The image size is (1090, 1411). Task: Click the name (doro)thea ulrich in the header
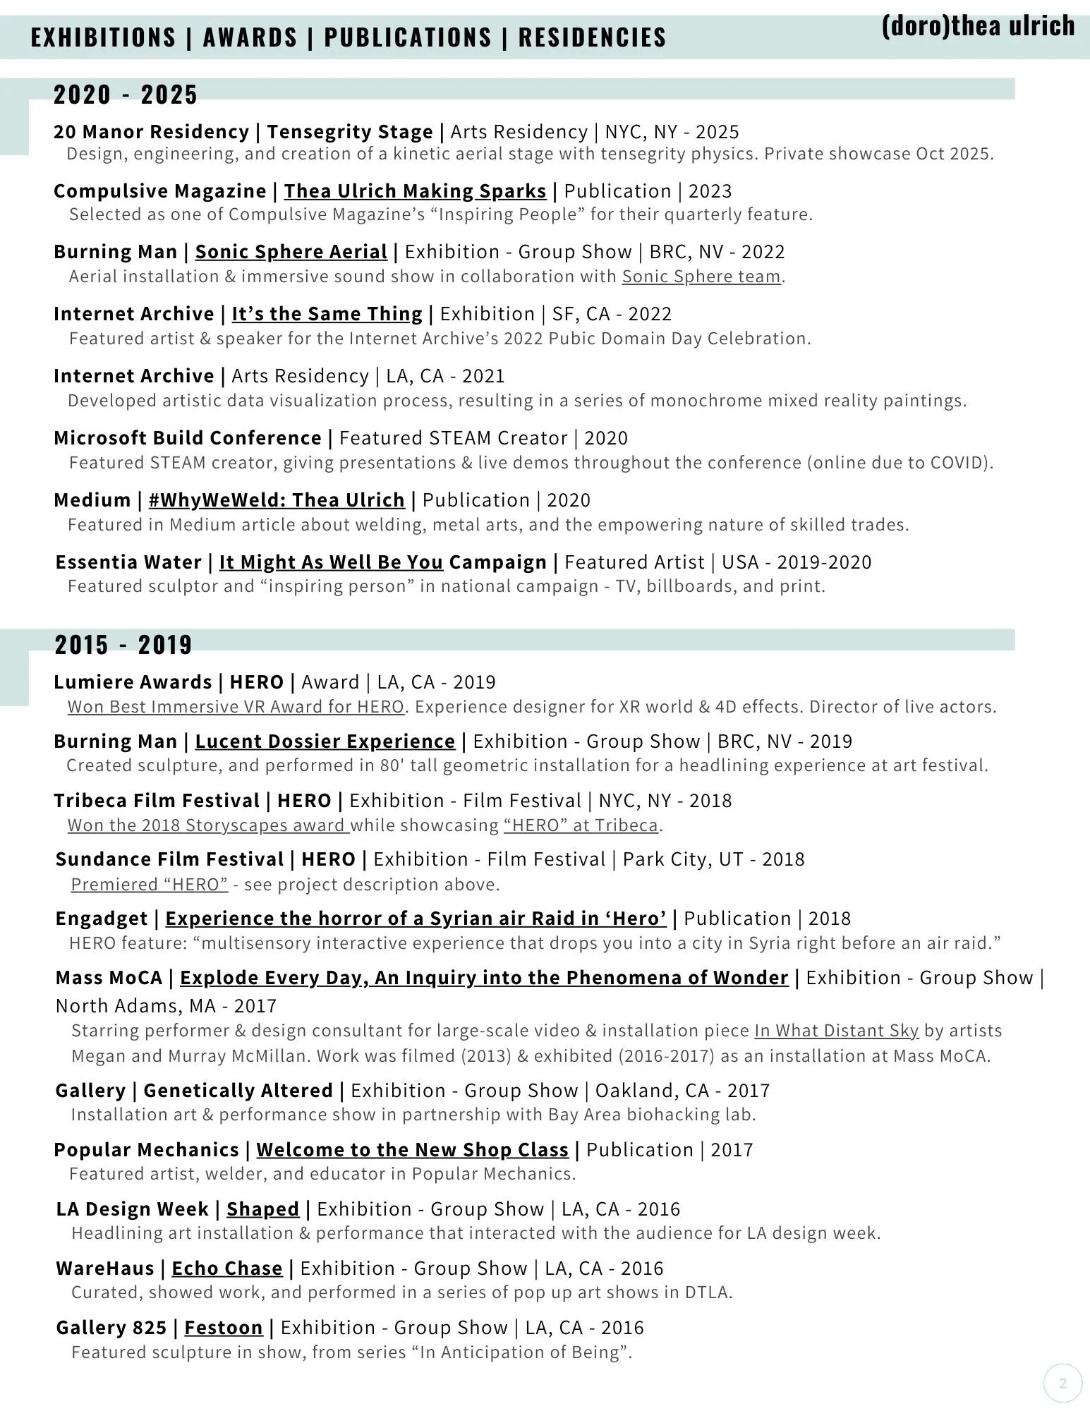point(978,26)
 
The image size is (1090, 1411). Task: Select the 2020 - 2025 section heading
point(126,95)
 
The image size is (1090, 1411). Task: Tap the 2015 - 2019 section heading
point(123,644)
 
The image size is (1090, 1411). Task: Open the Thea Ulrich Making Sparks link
point(415,191)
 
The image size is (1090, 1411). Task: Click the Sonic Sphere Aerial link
point(291,252)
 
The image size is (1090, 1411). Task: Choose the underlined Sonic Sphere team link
point(701,277)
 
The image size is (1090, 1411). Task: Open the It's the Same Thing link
point(327,314)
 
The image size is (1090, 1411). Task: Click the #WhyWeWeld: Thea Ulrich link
point(277,500)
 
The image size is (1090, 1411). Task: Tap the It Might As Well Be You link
point(331,562)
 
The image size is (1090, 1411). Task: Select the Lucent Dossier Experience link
point(325,741)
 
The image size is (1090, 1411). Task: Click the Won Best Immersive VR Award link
point(236,707)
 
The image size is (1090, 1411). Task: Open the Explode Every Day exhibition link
point(484,978)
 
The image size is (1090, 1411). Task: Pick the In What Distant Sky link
point(837,1031)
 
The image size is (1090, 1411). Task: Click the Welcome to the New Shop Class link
point(412,1150)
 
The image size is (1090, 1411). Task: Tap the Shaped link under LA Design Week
point(262,1209)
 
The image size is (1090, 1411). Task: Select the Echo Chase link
point(227,1268)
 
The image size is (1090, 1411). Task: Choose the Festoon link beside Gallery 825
point(223,1328)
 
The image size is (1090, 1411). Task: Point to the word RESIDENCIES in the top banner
point(592,37)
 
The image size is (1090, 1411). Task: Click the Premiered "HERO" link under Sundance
point(150,885)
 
